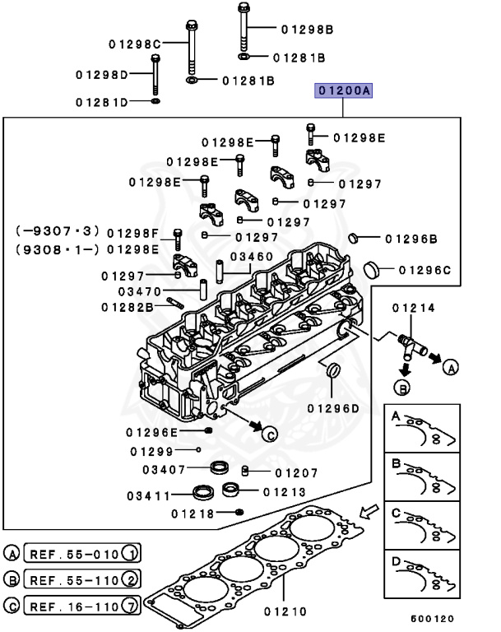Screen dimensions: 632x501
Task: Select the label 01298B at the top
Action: click(307, 30)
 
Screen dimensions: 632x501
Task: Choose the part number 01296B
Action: click(411, 239)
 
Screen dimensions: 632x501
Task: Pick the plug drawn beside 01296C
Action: click(372, 269)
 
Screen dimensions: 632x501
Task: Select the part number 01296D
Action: click(334, 408)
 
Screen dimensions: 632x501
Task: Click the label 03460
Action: click(252, 257)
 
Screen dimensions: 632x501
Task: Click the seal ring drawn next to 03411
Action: click(203, 495)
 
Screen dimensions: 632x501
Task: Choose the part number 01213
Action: click(285, 492)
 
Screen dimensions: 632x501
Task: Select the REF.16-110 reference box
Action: click(82, 607)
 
